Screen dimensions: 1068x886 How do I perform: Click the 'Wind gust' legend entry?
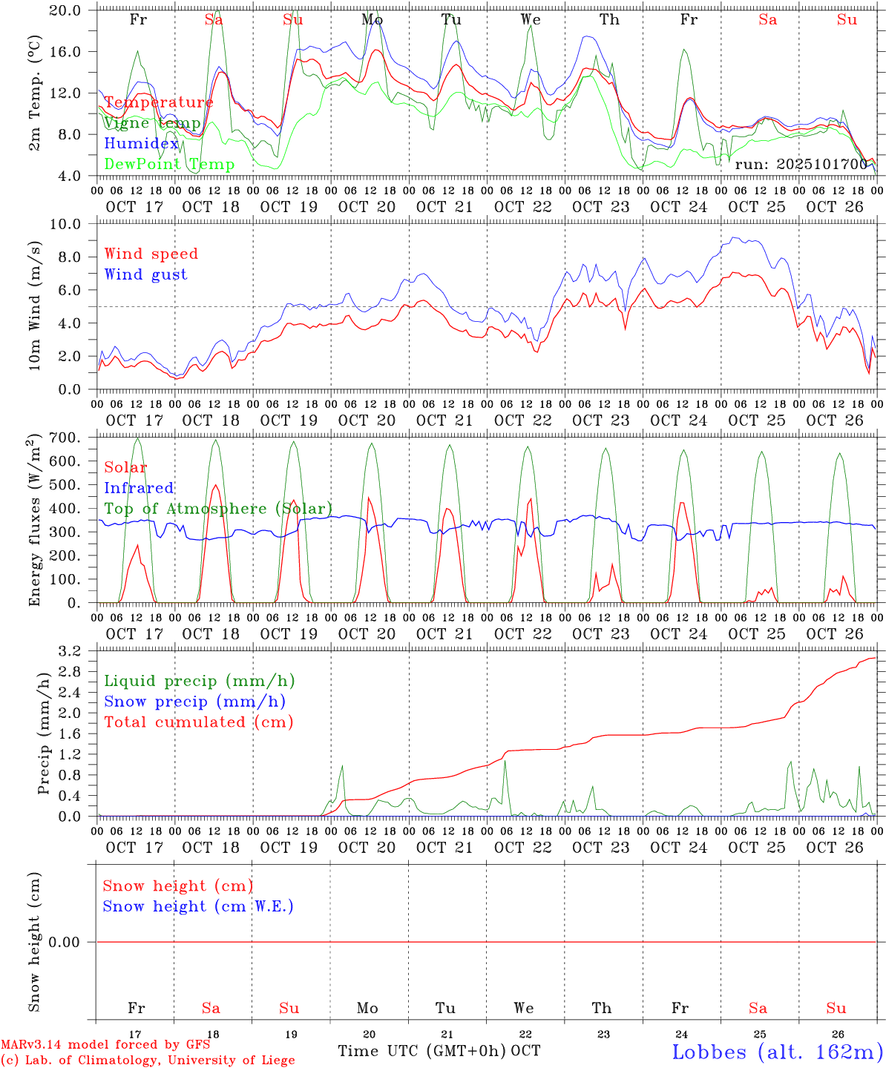145,274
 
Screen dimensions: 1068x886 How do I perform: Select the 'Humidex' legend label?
141,143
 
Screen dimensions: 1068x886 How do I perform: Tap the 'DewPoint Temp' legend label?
169,164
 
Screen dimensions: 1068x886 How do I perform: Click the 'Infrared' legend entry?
139,488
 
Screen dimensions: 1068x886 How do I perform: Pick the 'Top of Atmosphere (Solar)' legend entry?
218,509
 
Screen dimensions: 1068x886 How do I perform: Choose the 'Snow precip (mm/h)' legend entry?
194,702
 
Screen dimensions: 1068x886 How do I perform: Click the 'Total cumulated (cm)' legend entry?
198,722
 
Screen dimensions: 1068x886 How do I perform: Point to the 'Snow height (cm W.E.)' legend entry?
197,906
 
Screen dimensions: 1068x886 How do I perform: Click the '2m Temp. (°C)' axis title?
35,93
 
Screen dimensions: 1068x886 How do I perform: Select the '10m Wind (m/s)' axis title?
35,307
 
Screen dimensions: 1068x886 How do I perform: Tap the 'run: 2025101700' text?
801,164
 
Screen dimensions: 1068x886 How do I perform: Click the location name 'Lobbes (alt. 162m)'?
777,1051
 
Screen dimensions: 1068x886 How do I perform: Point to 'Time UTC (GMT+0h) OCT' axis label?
439,1051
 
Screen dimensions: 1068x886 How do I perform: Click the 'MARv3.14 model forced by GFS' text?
105,1044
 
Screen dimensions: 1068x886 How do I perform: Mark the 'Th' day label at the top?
609,20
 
